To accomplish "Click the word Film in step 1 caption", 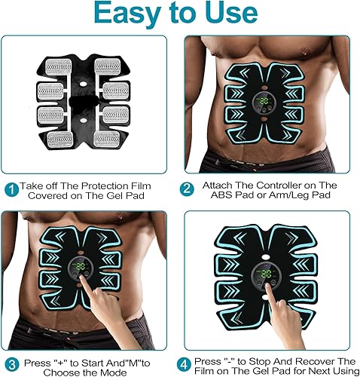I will pos(155,185).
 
